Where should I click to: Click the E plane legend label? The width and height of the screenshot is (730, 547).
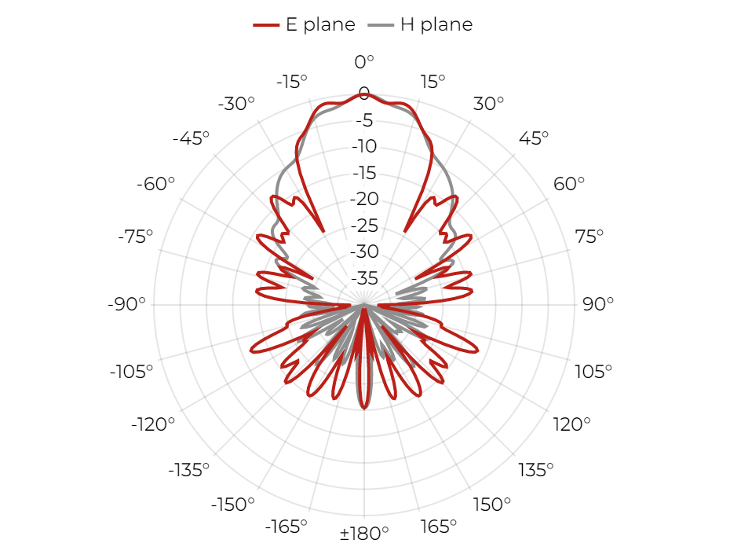(x=320, y=24)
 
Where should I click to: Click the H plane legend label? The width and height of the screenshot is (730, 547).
(x=436, y=24)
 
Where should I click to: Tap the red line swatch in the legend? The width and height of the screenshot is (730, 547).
(x=266, y=24)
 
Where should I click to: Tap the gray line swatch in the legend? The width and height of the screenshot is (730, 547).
(x=381, y=24)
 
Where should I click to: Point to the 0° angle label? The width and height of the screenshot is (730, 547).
(x=364, y=61)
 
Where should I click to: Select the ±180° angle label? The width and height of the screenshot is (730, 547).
(x=364, y=533)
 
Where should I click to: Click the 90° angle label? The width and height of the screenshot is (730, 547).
(x=598, y=304)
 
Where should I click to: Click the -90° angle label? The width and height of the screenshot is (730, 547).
(x=126, y=304)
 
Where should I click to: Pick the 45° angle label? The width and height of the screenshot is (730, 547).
(x=534, y=138)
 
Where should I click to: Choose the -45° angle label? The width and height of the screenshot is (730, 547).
(x=191, y=138)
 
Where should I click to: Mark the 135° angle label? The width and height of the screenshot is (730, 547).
(x=536, y=470)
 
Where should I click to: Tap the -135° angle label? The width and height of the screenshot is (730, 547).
(x=188, y=470)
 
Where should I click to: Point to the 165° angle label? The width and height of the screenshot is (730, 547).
(x=438, y=527)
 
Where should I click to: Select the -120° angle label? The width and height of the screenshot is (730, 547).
(x=153, y=424)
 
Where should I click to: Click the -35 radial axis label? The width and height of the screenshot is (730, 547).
(x=364, y=278)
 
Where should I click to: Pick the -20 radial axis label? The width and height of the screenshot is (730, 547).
(x=364, y=199)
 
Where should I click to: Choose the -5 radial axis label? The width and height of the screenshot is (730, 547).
(x=364, y=120)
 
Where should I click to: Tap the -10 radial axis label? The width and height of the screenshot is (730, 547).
(x=364, y=146)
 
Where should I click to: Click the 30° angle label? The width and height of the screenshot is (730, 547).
(x=488, y=104)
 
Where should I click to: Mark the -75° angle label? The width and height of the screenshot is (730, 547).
(x=136, y=237)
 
